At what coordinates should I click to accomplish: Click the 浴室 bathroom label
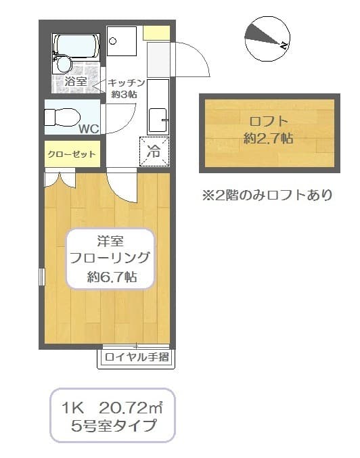tap(76, 83)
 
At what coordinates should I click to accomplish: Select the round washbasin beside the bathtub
tap(64, 65)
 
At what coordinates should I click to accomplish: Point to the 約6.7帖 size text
tap(112, 276)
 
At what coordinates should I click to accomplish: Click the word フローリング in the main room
tap(110, 258)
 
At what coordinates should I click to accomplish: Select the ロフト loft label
tap(269, 122)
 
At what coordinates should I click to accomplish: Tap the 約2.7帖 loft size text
tap(269, 139)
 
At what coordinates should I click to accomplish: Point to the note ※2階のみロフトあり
tap(267, 196)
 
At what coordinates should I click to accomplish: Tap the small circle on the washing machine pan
tap(114, 40)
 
